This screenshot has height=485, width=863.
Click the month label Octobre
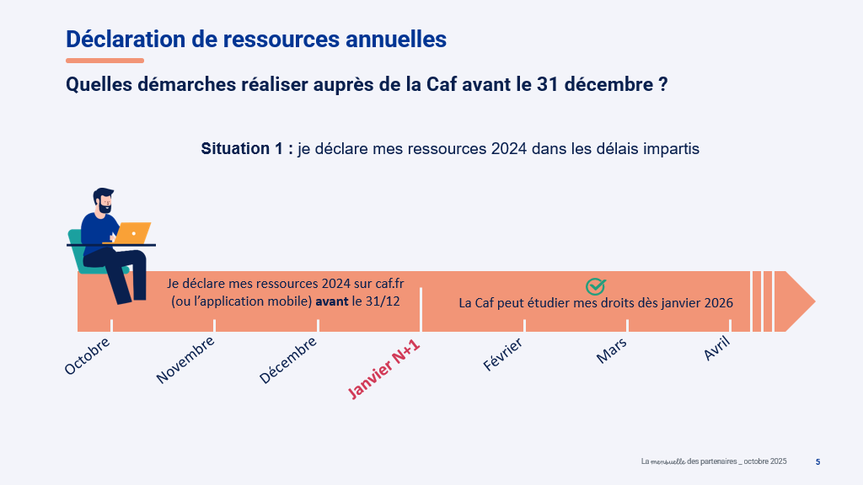click(88, 356)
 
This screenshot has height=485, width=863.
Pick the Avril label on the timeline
click(716, 348)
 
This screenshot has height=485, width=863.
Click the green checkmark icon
click(596, 286)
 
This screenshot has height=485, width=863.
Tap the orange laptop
click(133, 232)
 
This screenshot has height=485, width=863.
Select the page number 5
click(817, 461)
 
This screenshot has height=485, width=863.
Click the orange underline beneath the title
click(105, 61)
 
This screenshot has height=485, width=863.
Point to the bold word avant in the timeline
click(332, 301)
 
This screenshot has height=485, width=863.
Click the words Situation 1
click(246, 149)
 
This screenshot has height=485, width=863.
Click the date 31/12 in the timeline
click(383, 301)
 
